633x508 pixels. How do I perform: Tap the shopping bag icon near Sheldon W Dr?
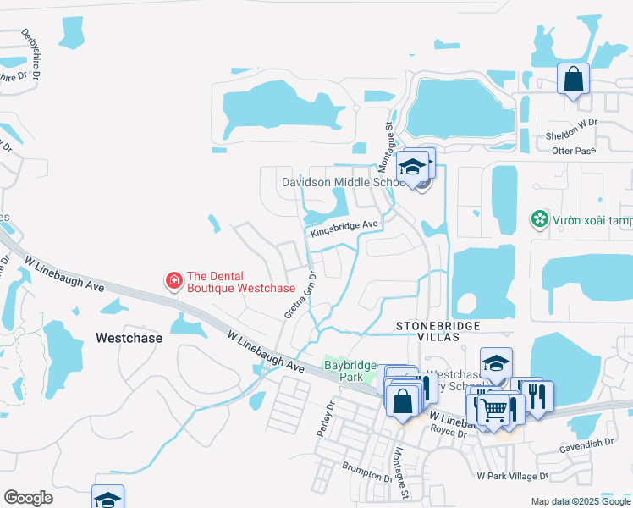(573, 80)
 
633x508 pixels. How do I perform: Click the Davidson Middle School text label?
(344, 183)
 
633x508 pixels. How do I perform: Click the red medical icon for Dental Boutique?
(173, 279)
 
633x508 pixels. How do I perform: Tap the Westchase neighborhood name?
(127, 337)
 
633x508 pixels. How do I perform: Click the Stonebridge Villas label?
(438, 332)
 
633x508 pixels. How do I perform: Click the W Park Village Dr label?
(513, 476)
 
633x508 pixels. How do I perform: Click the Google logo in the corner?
(29, 498)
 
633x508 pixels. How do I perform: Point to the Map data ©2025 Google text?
(580, 501)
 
